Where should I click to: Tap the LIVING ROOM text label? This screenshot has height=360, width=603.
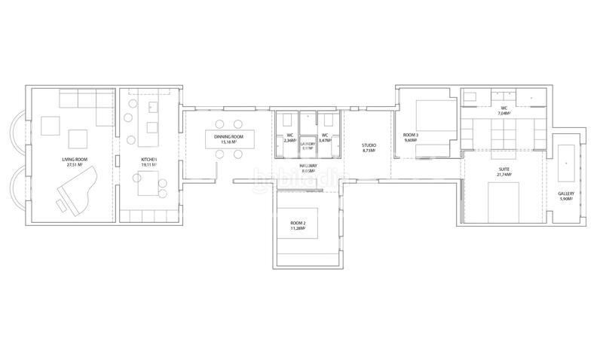point(75,160)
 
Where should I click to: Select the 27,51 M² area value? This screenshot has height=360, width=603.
point(75,166)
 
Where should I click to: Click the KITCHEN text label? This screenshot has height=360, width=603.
point(148,160)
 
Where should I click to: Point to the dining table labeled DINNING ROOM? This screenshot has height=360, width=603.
point(229,139)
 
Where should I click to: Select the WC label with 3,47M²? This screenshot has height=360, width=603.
point(326,136)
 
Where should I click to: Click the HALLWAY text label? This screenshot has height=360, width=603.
point(308,166)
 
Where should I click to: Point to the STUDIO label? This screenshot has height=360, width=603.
point(369,145)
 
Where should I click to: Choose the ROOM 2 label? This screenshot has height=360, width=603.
point(299,223)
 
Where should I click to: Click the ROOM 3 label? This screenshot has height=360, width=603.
point(410,135)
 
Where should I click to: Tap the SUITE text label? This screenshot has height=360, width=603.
point(504,169)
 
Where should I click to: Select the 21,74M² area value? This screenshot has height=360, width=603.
point(504,175)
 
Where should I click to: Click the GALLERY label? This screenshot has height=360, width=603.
point(566,194)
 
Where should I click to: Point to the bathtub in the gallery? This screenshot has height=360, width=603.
point(566,162)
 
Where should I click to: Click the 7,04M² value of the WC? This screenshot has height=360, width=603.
point(504,113)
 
